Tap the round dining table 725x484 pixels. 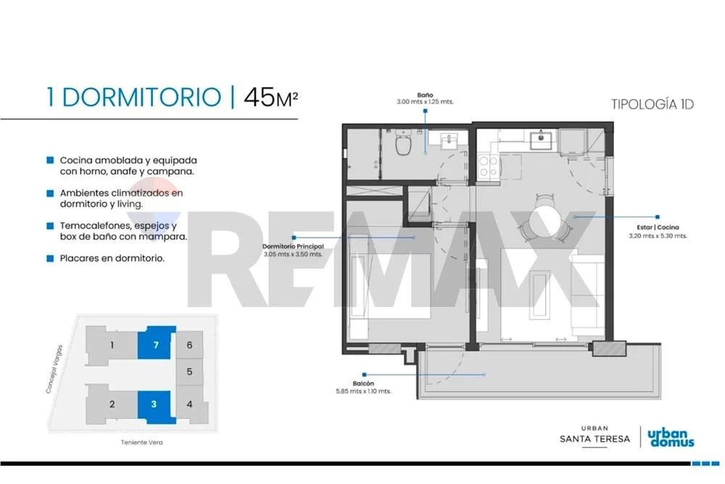pos(546,218)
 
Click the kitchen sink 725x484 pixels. pos(541,140)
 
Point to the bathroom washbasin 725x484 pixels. pos(449,141)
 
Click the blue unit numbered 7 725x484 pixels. pos(157,343)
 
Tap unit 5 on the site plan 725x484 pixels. pos(189,372)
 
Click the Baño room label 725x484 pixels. pos(425,95)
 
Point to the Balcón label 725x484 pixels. pos(363,383)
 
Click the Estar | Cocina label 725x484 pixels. pos(658,227)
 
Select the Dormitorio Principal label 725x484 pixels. pos(293,247)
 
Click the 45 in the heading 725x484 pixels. pos(260,98)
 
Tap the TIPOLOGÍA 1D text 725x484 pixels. pos(652,104)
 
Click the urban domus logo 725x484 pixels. pos(671,438)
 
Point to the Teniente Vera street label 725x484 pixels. pos(141,443)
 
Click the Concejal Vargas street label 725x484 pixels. pos(54,369)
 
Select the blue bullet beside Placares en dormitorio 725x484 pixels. pos(50,258)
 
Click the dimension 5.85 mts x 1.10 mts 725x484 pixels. pos(363,391)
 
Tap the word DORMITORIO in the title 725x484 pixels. pos(141,98)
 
